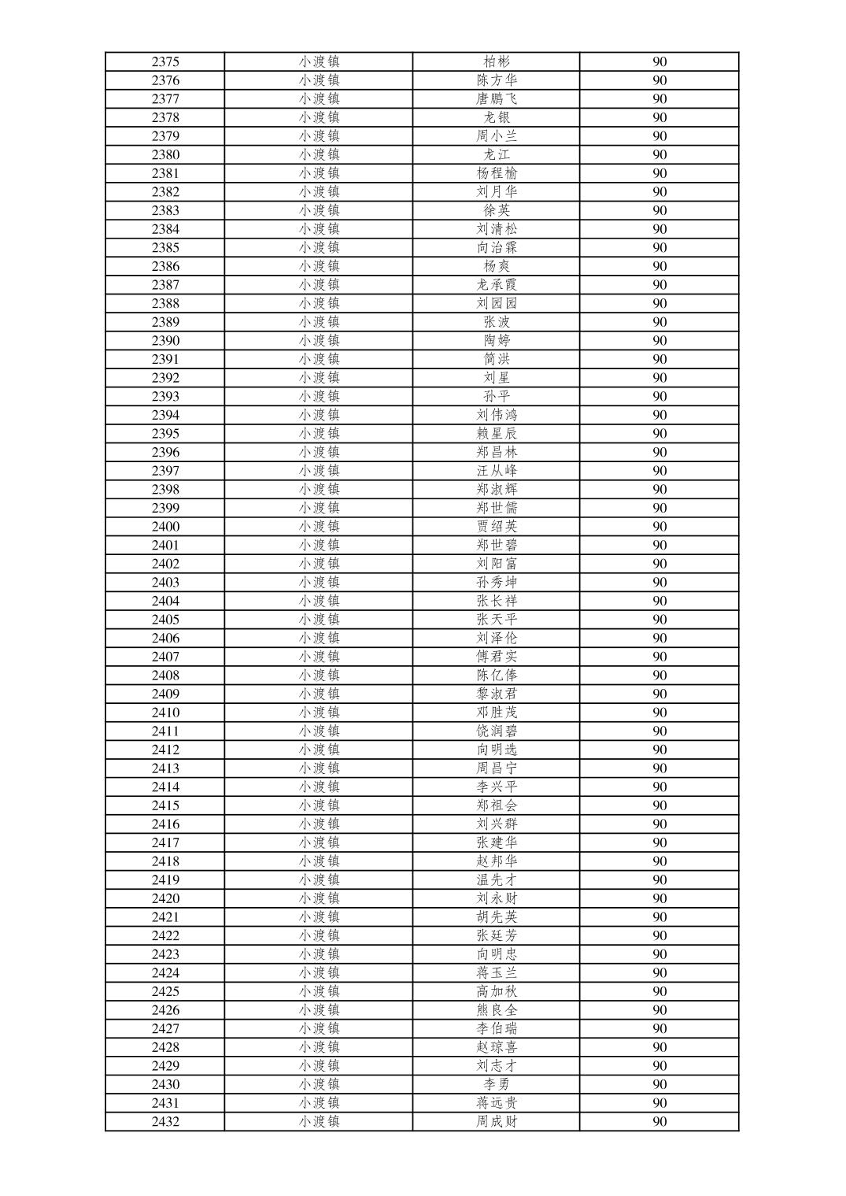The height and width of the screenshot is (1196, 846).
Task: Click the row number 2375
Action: pyautogui.click(x=165, y=61)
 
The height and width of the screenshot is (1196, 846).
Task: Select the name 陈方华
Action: pyautogui.click(x=497, y=80)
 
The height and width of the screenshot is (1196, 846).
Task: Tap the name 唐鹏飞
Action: pyautogui.click(x=497, y=98)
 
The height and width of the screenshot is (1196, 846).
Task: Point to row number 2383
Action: pyautogui.click(x=165, y=210)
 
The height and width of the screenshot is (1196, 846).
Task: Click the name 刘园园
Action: pyautogui.click(x=497, y=303)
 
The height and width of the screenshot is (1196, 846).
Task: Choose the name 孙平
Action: pyautogui.click(x=497, y=396)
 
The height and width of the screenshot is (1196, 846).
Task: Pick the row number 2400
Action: pyautogui.click(x=165, y=527)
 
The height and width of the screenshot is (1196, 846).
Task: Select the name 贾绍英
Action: pyautogui.click(x=497, y=527)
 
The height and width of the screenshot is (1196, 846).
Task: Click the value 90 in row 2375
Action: pyautogui.click(x=659, y=61)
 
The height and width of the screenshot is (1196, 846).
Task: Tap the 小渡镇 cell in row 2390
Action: pyautogui.click(x=319, y=340)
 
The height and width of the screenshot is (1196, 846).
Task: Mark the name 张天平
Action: pyautogui.click(x=497, y=620)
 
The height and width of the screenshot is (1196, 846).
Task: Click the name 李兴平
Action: pyautogui.click(x=497, y=787)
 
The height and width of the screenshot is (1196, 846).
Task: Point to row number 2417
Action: pyautogui.click(x=165, y=842)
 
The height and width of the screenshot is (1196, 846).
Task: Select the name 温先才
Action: pyautogui.click(x=497, y=879)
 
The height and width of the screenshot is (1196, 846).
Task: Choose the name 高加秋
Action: pyautogui.click(x=497, y=991)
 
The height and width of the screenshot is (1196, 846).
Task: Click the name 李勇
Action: pyautogui.click(x=497, y=1084)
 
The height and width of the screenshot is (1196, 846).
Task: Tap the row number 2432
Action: pyautogui.click(x=165, y=1121)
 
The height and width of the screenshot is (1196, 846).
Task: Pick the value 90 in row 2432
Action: pyautogui.click(x=659, y=1121)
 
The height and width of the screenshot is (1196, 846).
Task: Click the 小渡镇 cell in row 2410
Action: pyautogui.click(x=319, y=713)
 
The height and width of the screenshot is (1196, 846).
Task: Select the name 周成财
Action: pyautogui.click(x=497, y=1121)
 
